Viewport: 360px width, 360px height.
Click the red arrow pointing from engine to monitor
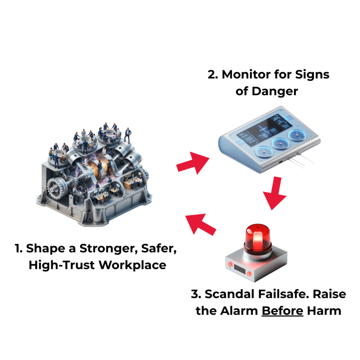pyautogui.click(x=193, y=163)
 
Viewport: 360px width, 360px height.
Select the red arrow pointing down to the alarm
pyautogui.click(x=275, y=193)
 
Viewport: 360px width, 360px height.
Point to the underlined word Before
pyautogui.click(x=282, y=311)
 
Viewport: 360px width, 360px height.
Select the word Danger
pyautogui.click(x=275, y=91)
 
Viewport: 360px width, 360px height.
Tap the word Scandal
pyautogui.click(x=230, y=294)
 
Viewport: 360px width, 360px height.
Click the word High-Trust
pyautogui.click(x=62, y=265)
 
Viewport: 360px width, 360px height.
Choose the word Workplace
pyautogui.click(x=133, y=265)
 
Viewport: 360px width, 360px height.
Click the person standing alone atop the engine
pyautogui.click(x=128, y=135)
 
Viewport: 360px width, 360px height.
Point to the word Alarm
pyautogui.click(x=239, y=311)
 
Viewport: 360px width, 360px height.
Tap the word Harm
pyautogui.click(x=324, y=311)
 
